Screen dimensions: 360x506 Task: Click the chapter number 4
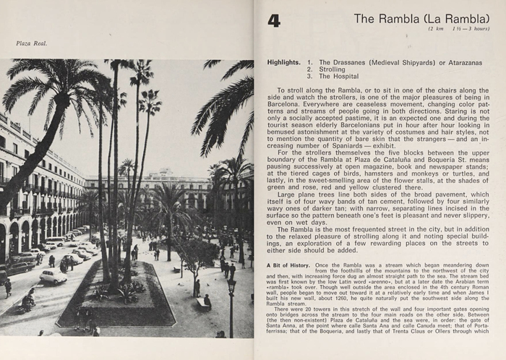point(274,20)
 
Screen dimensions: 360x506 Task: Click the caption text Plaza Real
point(31,43)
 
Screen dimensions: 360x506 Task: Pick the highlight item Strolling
point(333,69)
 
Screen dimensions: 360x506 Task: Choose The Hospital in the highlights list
point(338,76)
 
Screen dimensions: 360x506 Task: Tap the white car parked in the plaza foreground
point(52,275)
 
